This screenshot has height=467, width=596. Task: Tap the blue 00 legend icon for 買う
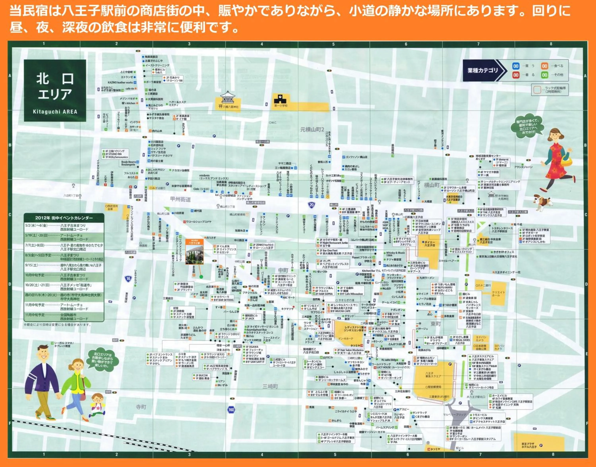pyautogui.click(x=516, y=66)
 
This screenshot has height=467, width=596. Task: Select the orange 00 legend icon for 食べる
pyautogui.click(x=545, y=66)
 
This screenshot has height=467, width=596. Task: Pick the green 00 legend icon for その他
pyautogui.click(x=545, y=75)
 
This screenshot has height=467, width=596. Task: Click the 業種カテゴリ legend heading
pyautogui.click(x=483, y=71)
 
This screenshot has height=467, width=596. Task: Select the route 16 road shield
pyautogui.click(x=128, y=279)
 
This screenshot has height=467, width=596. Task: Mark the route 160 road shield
pyautogui.click(x=231, y=410)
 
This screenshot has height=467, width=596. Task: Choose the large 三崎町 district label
pyautogui.click(x=270, y=386)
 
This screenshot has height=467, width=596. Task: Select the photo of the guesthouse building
pyautogui.click(x=194, y=252)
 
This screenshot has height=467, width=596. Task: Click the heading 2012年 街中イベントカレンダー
pyautogui.click(x=64, y=218)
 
